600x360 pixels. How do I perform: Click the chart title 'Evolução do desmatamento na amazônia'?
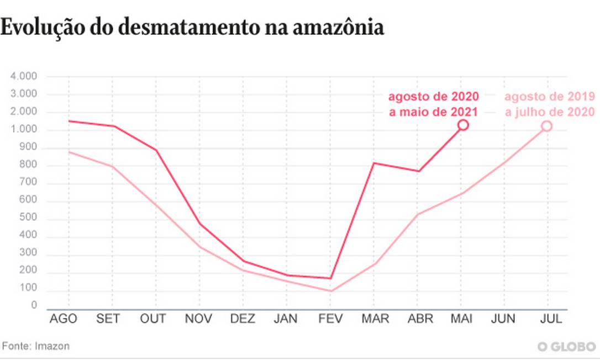coord(192,27)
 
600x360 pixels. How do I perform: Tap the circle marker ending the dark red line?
coord(463,125)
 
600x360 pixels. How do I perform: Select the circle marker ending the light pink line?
coord(546,126)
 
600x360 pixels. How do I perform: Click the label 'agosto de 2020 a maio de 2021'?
coord(433,104)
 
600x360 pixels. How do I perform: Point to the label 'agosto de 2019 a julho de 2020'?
coord(549,104)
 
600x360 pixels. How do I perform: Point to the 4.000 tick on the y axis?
coord(23,76)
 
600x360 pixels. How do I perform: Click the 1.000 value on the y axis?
coord(23,130)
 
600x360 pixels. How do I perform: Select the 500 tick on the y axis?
coord(28,219)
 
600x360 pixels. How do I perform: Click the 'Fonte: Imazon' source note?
coord(36,346)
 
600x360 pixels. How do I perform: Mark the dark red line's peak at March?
coord(374,163)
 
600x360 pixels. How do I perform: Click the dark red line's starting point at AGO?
coord(69,121)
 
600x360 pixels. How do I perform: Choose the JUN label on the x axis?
coord(503,319)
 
